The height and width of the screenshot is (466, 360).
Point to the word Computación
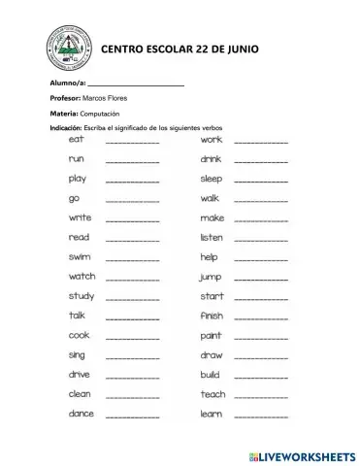pyautogui.click(x=99, y=114)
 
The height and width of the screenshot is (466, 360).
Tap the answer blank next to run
pyautogui.click(x=132, y=161)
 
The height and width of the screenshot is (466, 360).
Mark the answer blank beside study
pyautogui.click(x=132, y=298)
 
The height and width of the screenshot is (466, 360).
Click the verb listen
pyautogui.click(x=212, y=237)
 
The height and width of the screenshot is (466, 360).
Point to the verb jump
pyautogui.click(x=211, y=277)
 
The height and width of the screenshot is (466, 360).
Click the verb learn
pyautogui.click(x=211, y=414)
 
